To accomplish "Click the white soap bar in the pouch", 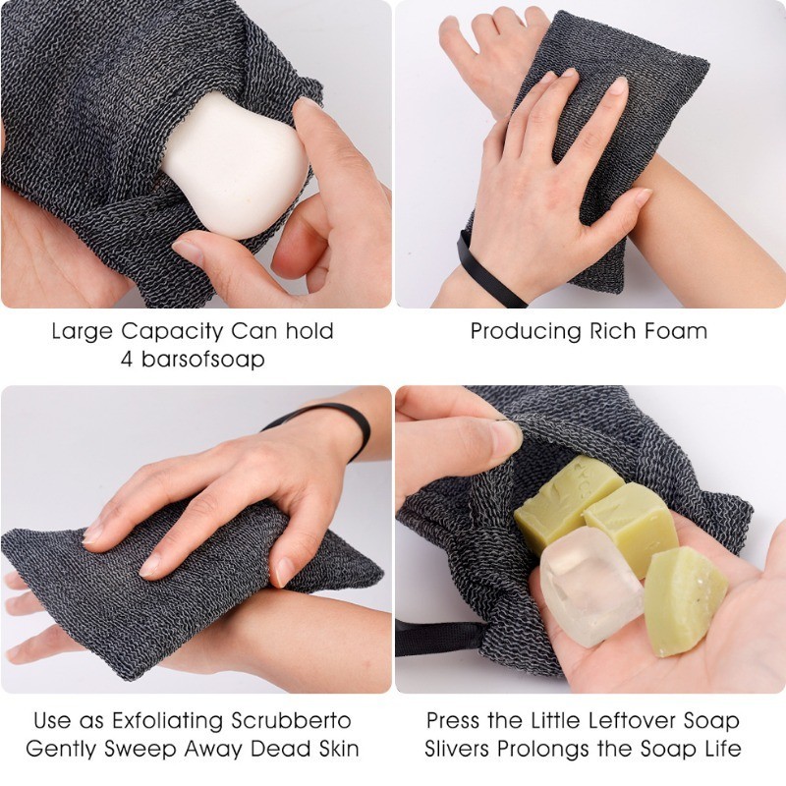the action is pyautogui.click(x=235, y=165).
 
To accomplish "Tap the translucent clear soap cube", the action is pyautogui.click(x=590, y=587).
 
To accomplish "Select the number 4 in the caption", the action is pyautogui.click(x=128, y=360).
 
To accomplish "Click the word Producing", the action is pyautogui.click(x=526, y=332).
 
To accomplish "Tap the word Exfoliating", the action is pyautogui.click(x=167, y=722).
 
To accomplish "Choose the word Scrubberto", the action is pyautogui.click(x=291, y=721).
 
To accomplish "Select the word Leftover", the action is pyautogui.click(x=628, y=721).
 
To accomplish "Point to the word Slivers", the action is pyautogui.click(x=456, y=749).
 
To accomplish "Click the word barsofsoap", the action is pyautogui.click(x=202, y=360).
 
